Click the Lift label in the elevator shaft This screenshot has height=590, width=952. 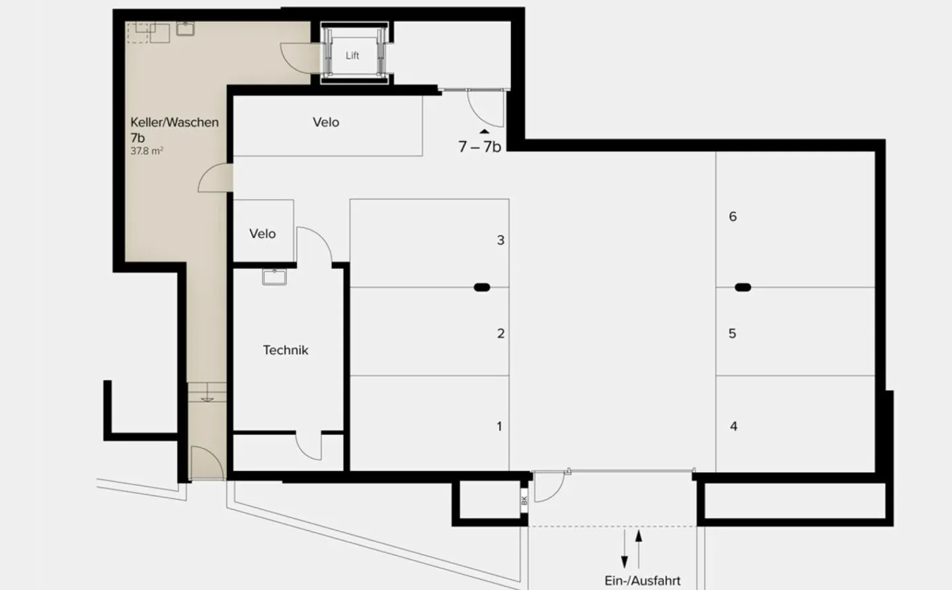(x=352, y=55)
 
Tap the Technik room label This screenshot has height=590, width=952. (x=286, y=350)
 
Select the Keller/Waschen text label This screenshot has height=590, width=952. (x=175, y=122)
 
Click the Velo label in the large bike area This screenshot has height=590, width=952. (x=326, y=122)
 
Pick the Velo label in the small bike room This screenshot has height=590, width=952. (x=262, y=234)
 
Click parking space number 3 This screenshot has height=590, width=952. (x=500, y=240)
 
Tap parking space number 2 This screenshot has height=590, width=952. (x=500, y=334)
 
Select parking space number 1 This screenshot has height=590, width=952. (x=499, y=427)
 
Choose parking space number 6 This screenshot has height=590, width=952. (x=733, y=217)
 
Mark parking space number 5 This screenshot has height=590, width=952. (x=733, y=334)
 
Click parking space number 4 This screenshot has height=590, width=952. (x=733, y=427)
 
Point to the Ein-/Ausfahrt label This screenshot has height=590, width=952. (x=642, y=581)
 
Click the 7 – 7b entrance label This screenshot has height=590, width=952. (x=479, y=147)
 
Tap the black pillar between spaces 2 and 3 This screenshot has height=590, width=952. (x=482, y=287)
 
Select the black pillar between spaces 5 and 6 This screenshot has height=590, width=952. (x=743, y=287)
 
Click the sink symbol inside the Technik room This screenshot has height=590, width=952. (x=274, y=277)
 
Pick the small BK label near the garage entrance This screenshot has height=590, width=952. (x=524, y=500)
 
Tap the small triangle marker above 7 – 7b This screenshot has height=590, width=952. (x=485, y=131)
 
